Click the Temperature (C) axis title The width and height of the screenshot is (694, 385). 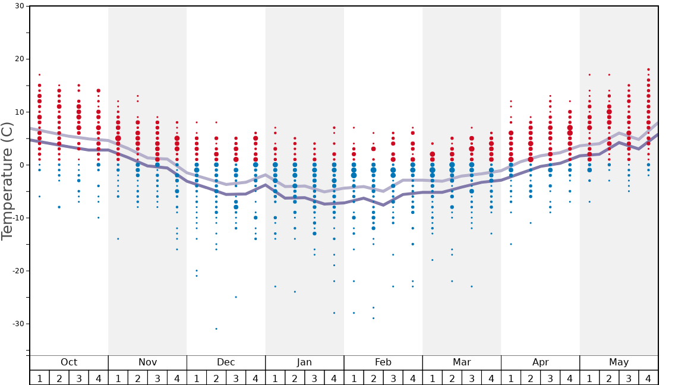[x=7, y=181]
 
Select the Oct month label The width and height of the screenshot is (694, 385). [x=69, y=362]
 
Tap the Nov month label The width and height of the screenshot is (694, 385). [x=147, y=362]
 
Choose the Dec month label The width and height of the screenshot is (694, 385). [x=226, y=362]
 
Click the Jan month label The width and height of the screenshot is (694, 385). [x=304, y=362]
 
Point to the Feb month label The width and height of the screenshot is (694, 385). [x=383, y=362]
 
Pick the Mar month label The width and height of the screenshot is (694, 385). [x=462, y=362]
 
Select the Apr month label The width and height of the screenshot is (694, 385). [x=540, y=362]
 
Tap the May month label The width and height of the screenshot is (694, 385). [x=619, y=362]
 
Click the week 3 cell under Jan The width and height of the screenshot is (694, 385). [x=314, y=378]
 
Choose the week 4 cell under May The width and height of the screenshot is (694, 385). [x=648, y=378]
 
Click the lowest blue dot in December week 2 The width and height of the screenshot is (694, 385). [x=216, y=329]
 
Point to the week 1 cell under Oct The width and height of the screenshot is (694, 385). [x=40, y=378]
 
